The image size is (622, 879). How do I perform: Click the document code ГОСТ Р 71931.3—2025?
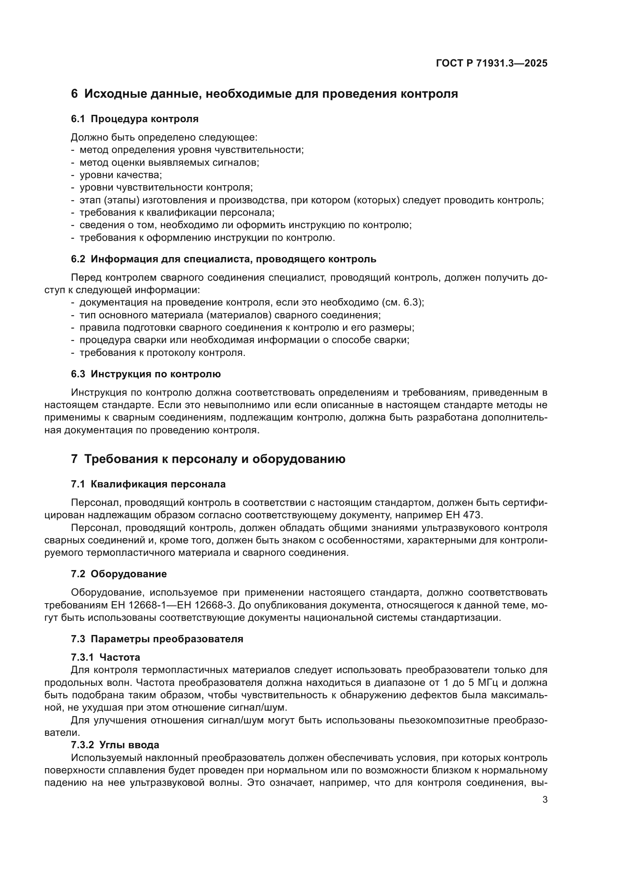coord(492,64)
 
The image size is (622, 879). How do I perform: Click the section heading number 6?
coord(74,94)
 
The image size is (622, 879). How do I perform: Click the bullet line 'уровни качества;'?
coord(120,175)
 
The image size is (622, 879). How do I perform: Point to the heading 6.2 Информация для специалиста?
coord(223,259)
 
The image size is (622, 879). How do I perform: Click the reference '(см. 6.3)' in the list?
coord(402,303)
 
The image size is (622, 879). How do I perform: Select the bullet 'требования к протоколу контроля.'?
coord(162,353)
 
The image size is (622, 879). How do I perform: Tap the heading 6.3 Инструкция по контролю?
coord(146,374)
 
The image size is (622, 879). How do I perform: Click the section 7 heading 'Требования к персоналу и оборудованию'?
coord(214,459)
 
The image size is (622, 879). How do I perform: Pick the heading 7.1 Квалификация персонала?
coord(148,484)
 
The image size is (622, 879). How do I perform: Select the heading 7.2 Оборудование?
coord(119,574)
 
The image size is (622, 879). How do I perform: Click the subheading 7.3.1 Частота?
coord(105,657)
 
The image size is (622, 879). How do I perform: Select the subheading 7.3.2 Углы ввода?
coord(115,745)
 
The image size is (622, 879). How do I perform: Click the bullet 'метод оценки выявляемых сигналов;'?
coord(169,162)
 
